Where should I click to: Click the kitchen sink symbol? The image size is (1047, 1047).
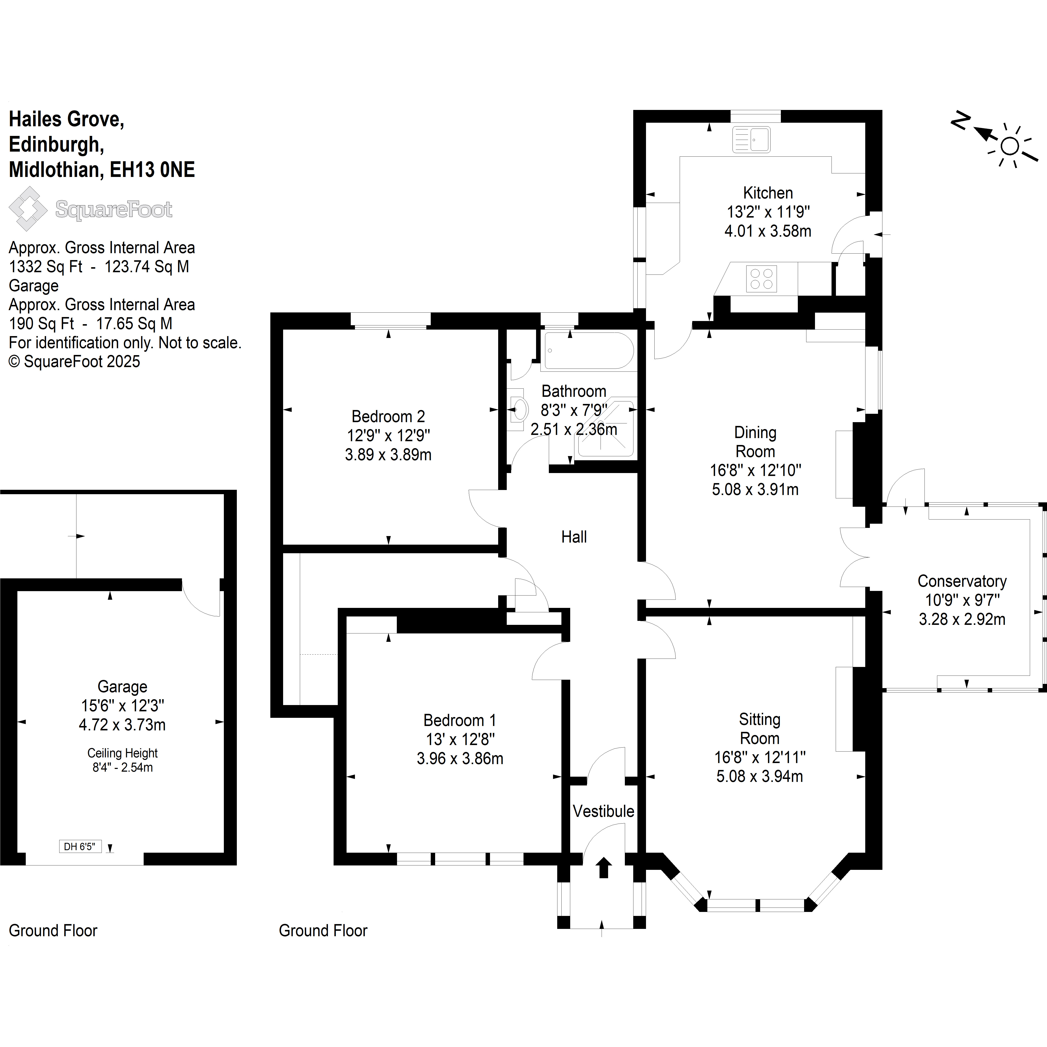(751, 140)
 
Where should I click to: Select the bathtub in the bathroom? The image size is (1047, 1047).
(587, 351)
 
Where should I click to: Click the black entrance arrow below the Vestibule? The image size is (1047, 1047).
(604, 868)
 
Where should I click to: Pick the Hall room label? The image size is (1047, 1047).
(574, 537)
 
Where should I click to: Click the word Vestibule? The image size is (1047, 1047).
(603, 811)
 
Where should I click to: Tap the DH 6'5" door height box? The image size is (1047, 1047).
(80, 846)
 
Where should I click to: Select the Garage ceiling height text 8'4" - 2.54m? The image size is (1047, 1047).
(122, 767)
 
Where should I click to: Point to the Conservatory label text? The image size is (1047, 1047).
(962, 582)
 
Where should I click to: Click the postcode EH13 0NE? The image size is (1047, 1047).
(152, 170)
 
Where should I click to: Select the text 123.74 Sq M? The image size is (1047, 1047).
(147, 267)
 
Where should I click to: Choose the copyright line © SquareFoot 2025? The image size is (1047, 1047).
(74, 361)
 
